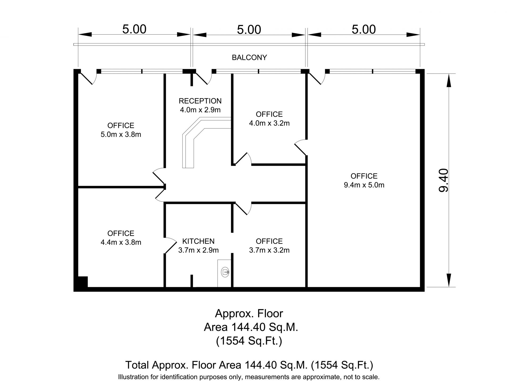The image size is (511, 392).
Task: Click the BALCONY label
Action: click(x=249, y=57)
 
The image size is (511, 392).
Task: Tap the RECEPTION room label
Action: click(x=200, y=101)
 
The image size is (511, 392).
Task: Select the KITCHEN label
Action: click(x=198, y=241)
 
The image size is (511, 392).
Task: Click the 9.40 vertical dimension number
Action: click(x=444, y=180)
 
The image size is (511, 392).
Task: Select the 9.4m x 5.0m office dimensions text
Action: click(x=364, y=185)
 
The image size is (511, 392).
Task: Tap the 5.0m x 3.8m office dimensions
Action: click(x=121, y=135)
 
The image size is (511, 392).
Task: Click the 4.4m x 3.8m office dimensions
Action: click(x=121, y=242)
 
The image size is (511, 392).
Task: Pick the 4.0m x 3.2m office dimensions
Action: click(x=269, y=123)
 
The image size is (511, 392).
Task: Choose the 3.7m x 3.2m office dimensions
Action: click(x=269, y=250)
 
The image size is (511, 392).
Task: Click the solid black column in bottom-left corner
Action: click(x=82, y=282)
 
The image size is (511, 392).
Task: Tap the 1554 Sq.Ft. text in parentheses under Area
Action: click(x=249, y=341)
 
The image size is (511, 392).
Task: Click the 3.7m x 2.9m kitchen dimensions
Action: click(x=198, y=250)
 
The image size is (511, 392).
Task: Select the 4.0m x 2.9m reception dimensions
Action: click(x=200, y=110)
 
